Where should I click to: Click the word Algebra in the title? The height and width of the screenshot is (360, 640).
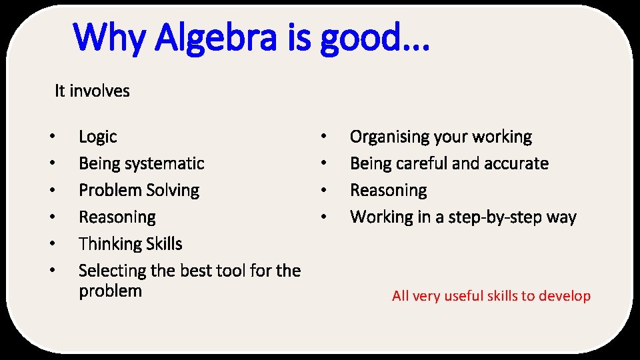click(221, 38)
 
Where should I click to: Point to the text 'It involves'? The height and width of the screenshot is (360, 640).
click(92, 91)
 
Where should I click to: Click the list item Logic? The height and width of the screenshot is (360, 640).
click(97, 137)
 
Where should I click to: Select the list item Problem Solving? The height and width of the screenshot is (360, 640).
click(139, 191)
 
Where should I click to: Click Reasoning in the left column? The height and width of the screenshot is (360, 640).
click(117, 217)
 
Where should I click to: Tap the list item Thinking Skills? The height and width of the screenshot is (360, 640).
click(130, 244)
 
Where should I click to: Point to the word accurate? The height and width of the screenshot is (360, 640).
click(516, 164)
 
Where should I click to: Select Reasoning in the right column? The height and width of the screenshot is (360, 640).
click(388, 191)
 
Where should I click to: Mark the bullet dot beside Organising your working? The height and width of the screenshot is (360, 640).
click(323, 137)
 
